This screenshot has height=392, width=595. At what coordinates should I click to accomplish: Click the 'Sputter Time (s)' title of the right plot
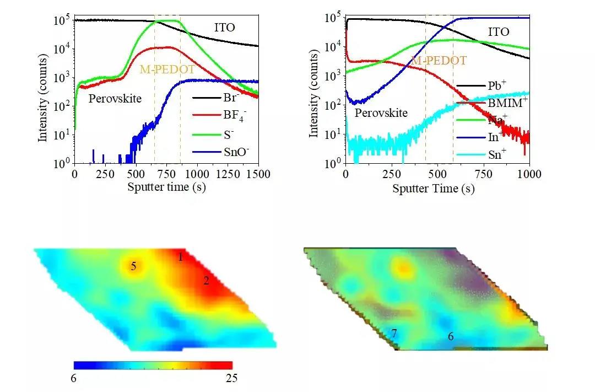point(434,189)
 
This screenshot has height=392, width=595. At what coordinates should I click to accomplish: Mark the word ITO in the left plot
point(225,28)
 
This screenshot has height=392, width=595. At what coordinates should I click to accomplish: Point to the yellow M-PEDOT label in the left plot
point(167,69)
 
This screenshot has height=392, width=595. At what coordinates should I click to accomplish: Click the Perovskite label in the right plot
point(381,113)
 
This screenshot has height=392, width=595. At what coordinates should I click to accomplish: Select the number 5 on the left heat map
point(133,266)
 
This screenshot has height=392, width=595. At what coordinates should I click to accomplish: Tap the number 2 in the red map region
point(206,281)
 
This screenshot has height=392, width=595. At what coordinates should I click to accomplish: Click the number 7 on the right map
point(394,333)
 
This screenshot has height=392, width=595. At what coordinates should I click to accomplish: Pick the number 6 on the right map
point(451,336)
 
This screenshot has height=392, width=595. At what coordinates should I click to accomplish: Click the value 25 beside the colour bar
point(231,378)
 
